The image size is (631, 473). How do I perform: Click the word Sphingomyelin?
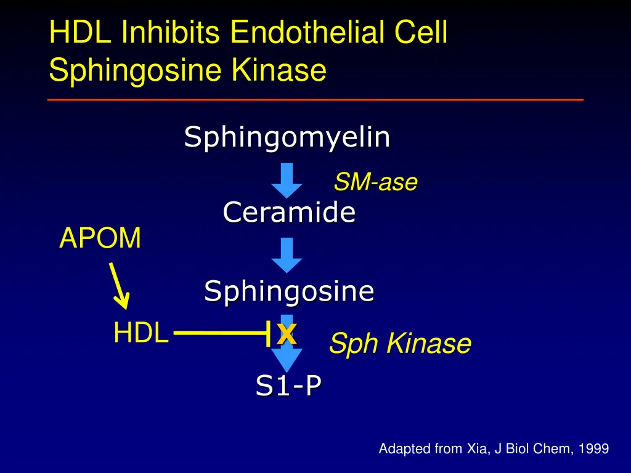click(x=287, y=137)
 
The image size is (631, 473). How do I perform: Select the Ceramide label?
click(x=289, y=212)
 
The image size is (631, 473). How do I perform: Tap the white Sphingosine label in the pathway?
click(x=289, y=290)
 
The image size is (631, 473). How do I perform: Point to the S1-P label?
click(x=288, y=386)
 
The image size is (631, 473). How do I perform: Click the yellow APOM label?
click(x=100, y=238)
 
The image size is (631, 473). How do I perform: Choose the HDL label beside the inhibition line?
click(x=140, y=333)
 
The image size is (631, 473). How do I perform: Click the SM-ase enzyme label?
click(x=375, y=182)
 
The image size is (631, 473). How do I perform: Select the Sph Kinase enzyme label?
click(x=399, y=344)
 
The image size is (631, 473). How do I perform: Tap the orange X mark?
click(x=287, y=334)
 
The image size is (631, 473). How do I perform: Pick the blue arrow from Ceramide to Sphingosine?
click(x=287, y=255)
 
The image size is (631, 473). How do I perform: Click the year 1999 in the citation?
click(x=594, y=449)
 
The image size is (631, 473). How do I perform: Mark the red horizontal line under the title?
click(x=315, y=99)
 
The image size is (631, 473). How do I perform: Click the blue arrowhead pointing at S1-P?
click(x=287, y=360)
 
